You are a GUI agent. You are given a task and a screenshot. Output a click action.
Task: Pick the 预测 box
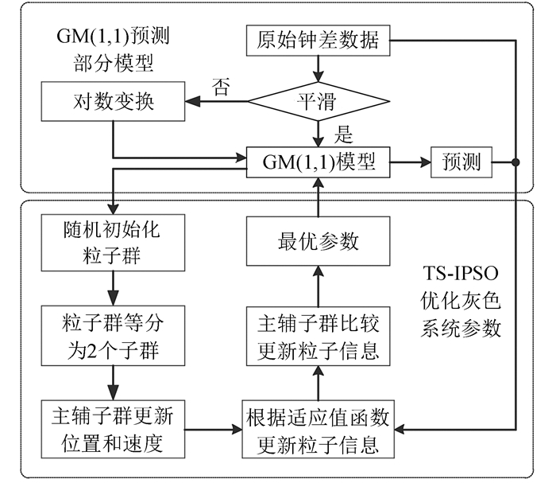pyautogui.click(x=459, y=162)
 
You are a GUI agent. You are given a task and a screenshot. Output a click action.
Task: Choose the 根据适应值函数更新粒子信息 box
pyautogui.click(x=319, y=428)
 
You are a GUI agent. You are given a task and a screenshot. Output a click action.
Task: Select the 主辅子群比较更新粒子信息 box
pyautogui.click(x=319, y=337)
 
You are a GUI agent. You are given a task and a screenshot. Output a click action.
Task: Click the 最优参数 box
pyautogui.click(x=319, y=240)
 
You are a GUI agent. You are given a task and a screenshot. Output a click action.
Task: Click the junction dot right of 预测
pyautogui.click(x=515, y=162)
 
